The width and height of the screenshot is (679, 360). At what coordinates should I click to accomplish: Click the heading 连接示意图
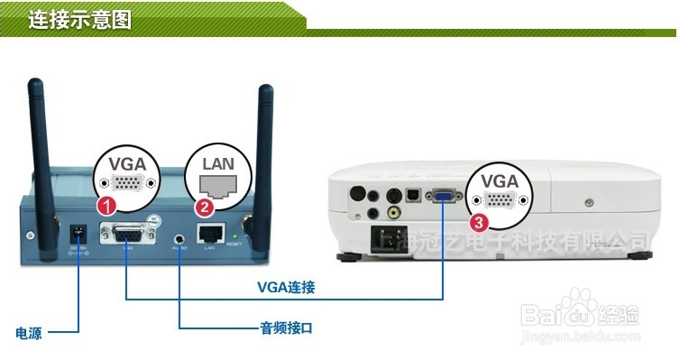(79, 19)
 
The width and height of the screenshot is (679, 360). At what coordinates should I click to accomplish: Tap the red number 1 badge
(107, 206)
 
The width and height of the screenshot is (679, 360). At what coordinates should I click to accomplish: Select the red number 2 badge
(206, 208)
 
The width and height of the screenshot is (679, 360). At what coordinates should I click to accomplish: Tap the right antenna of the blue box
(265, 135)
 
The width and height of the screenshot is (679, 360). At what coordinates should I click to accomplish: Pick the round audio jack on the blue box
(179, 239)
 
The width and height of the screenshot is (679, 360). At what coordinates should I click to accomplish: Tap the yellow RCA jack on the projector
(393, 214)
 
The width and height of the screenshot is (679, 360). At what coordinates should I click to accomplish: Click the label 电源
(28, 333)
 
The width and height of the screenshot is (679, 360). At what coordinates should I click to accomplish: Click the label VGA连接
(285, 287)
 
